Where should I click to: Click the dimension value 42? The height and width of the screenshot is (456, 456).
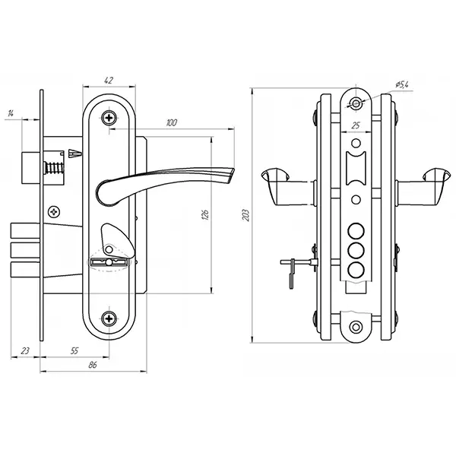108,80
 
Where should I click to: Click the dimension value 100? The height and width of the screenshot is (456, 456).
171,122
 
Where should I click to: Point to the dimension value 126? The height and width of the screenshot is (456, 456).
205,214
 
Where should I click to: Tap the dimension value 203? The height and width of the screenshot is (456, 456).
246,215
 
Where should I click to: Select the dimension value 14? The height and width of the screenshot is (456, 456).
11,113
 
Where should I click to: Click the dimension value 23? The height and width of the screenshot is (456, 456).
25,350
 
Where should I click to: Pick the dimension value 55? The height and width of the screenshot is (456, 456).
74,350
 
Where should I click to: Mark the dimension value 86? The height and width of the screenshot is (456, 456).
93,365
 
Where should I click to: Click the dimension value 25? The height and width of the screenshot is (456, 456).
356,125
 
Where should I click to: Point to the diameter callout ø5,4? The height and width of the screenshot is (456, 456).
402,84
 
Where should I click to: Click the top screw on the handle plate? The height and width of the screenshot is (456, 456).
109,118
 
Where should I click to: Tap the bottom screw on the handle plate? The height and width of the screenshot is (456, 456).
109,318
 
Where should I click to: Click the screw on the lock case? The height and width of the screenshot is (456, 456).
54,212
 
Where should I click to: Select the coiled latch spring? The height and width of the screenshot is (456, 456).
54,168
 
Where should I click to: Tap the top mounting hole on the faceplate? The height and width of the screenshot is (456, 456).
356,103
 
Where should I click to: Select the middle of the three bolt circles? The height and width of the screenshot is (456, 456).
356,250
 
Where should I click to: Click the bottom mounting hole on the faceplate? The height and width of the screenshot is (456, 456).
356,327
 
